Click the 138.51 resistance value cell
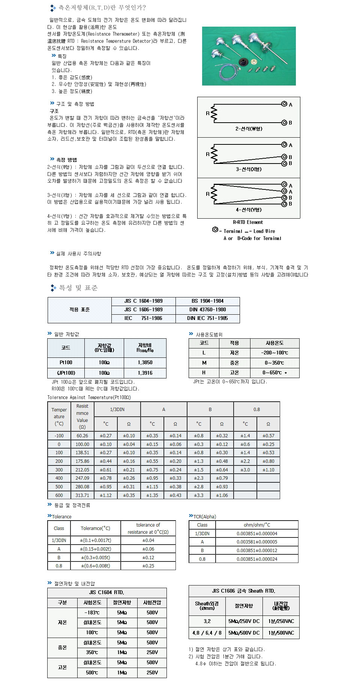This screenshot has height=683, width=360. (x=82, y=453)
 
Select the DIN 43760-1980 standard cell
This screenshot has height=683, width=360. (x=207, y=309)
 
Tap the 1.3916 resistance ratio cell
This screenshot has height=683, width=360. (x=145, y=373)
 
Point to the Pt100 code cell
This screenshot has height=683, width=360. (x=66, y=363)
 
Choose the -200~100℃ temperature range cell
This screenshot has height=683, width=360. (x=274, y=353)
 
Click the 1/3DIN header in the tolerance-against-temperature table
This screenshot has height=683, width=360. (x=117, y=410)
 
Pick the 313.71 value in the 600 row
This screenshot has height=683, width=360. (x=82, y=495)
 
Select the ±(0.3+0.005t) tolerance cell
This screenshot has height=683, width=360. (x=95, y=557)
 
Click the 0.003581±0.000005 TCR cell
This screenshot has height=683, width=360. (x=256, y=542)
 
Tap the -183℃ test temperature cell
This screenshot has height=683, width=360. (x=92, y=612)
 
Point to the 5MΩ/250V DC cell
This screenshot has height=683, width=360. (x=244, y=621)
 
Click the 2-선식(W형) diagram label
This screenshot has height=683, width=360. (x=249, y=129)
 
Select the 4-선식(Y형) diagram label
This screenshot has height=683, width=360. (x=249, y=210)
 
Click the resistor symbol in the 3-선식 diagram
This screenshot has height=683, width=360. (x=214, y=155)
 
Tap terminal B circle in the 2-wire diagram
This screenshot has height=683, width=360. (x=284, y=123)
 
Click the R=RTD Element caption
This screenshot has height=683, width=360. (x=248, y=222)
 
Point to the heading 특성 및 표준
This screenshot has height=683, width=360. (x=78, y=288)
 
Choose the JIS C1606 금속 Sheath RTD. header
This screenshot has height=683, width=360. (x=243, y=591)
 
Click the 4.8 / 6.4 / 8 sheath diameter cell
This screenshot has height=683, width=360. (x=207, y=633)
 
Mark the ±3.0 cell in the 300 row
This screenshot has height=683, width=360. (x=245, y=470)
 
